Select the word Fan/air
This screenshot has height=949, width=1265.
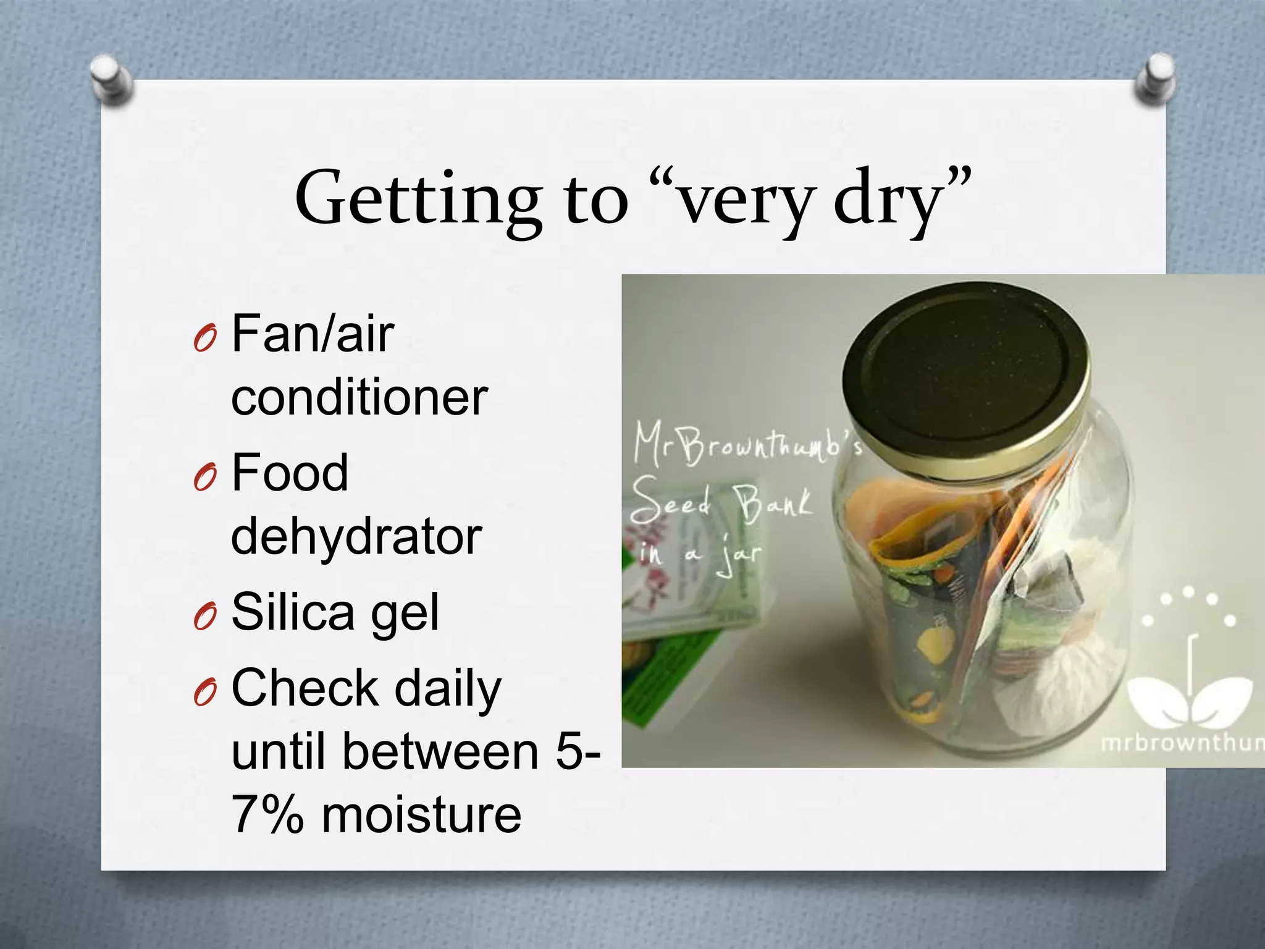(313, 334)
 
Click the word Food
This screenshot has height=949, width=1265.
(290, 473)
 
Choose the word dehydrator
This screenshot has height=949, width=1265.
(356, 536)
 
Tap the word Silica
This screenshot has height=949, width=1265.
(293, 612)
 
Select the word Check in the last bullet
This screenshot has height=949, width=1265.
(305, 688)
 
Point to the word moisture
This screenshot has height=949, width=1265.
(422, 815)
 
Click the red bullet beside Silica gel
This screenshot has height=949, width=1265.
(204, 617)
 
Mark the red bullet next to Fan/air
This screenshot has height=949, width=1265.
(204, 339)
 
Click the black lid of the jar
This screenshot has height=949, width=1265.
(964, 377)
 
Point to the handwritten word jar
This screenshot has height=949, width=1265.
(739, 556)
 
